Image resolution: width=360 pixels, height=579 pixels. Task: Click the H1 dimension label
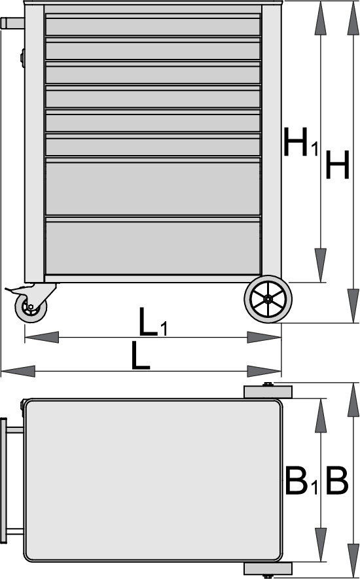pyautogui.click(x=300, y=141)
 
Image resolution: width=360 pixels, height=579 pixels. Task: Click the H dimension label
pyautogui.click(x=337, y=165)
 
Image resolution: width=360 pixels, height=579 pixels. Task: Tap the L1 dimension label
pyautogui.click(x=153, y=322)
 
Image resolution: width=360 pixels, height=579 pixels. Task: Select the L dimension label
pyautogui.click(x=141, y=355)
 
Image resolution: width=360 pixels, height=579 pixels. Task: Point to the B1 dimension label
pyautogui.click(x=301, y=481)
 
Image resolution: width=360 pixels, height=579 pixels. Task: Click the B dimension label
pyautogui.click(x=336, y=481)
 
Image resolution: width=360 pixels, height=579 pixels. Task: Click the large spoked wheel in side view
pyautogui.click(x=268, y=299)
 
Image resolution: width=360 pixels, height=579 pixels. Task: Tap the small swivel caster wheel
pyautogui.click(x=31, y=307)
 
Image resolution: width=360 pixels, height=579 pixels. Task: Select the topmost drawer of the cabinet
pyautogui.click(x=153, y=25)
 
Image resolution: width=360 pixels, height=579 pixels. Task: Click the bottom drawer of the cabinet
pyautogui.click(x=153, y=246)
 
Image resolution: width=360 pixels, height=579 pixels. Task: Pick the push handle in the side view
pyautogui.click(x=12, y=24)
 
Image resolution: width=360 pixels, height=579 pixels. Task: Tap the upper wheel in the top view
pyautogui.click(x=268, y=392)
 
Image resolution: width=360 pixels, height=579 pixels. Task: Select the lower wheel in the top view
pyautogui.click(x=268, y=569)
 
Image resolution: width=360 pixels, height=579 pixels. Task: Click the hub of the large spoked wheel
pyautogui.click(x=267, y=300)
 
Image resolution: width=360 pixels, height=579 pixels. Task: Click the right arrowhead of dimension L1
pyautogui.click(x=264, y=337)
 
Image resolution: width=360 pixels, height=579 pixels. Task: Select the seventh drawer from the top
pyautogui.click(x=153, y=186)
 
